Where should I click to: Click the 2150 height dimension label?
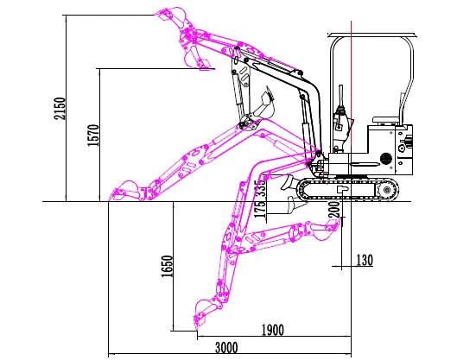coord(60,109)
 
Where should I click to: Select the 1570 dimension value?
coord(93,136)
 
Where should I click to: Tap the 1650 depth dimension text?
coord(167,266)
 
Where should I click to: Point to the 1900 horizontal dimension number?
coord(272,331)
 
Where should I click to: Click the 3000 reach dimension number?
coord(226,348)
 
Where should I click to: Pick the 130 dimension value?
coord(365,260)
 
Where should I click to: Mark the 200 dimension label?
coord(334,209)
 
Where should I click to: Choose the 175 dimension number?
coord(260,208)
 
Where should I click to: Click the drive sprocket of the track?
coord(386,190)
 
